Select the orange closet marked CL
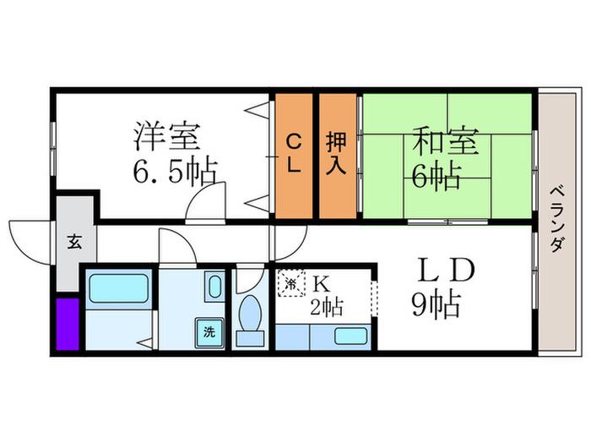coord(293,154)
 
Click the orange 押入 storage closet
coord(337,155)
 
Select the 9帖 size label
coord(436,302)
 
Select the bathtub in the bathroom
coord(119,290)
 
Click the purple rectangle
coord(67,323)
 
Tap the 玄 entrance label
coord(74,243)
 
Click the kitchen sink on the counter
coord(351,336)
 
